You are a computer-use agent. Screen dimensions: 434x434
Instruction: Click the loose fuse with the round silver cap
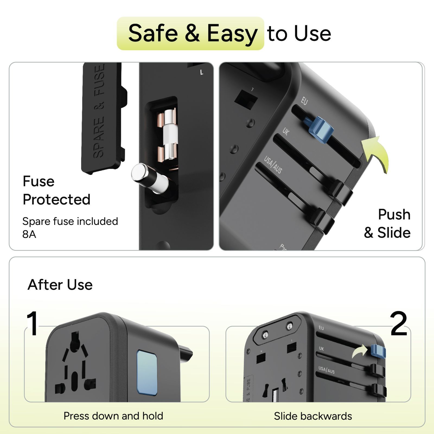pos(149,177)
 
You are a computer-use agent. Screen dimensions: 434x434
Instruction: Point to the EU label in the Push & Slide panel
pos(304,101)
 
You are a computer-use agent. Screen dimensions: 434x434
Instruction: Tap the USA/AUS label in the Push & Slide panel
pos(273,165)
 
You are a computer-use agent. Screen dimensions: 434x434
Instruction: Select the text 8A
pos(29,234)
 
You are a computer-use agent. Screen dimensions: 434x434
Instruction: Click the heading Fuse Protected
pos(56,190)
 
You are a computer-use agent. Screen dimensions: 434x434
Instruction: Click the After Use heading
pos(60,285)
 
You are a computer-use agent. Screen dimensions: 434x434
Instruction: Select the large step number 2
pos(399,323)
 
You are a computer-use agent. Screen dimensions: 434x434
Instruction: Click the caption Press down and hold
pos(113,416)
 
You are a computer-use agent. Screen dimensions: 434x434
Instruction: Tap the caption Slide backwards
pos(313,416)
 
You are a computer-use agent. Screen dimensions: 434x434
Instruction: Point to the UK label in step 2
pos(321,349)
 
